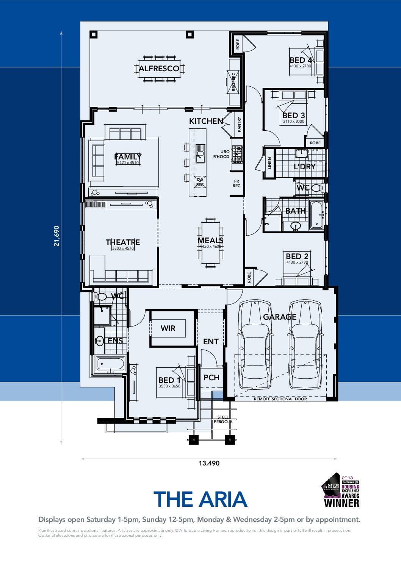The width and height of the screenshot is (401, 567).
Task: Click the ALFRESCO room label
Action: [159, 69]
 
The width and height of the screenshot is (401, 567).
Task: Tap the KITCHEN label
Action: [206, 121]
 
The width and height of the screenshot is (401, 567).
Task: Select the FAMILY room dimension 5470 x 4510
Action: [128, 162]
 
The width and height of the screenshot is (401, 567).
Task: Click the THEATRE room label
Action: [123, 242]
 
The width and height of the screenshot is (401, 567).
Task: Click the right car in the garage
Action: [305, 345]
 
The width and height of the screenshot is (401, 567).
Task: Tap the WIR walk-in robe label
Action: [168, 328]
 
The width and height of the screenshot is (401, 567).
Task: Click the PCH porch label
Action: [211, 378]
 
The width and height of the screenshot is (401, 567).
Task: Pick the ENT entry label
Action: [211, 342]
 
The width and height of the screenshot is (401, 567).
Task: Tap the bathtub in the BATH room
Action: [316, 215]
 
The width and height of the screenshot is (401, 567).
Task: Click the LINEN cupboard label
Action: [270, 163]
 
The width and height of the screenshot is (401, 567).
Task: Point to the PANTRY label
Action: [239, 124]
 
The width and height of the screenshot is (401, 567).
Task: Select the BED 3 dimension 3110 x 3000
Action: [293, 122]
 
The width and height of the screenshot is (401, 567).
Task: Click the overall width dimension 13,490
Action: [209, 463]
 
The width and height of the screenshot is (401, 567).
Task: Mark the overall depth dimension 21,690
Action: [56, 236]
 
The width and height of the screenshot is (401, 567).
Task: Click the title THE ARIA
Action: [200, 499]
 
